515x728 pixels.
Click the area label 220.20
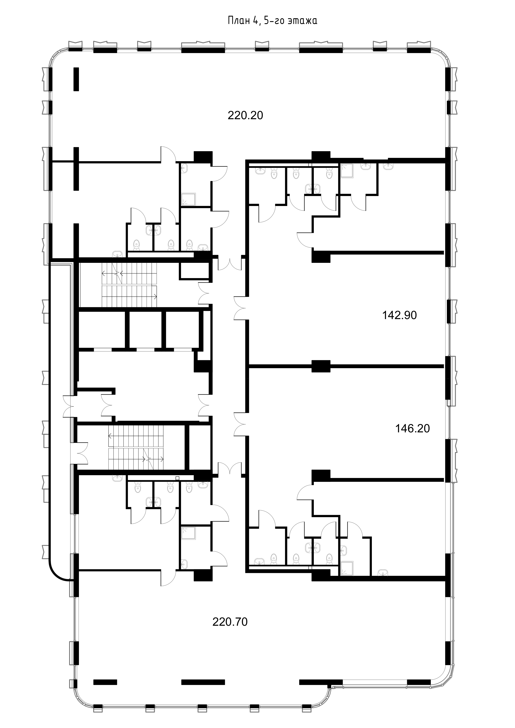[245, 115]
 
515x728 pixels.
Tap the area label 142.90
[399, 315]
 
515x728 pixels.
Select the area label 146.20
[412, 429]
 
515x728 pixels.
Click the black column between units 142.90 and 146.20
[321, 366]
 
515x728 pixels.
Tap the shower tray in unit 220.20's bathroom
[188, 199]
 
